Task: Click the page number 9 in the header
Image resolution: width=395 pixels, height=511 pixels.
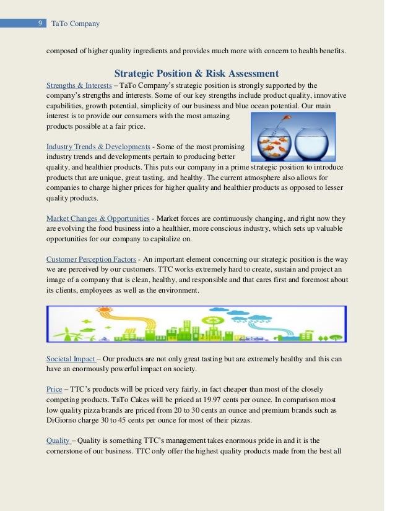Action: (x=40, y=24)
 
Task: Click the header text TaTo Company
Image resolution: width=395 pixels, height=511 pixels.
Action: (x=75, y=24)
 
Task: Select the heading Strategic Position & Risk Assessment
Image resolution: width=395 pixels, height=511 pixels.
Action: (x=196, y=74)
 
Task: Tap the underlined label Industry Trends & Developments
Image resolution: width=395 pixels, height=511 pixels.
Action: (x=98, y=147)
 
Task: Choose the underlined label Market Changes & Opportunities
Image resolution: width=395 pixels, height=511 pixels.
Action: (x=98, y=218)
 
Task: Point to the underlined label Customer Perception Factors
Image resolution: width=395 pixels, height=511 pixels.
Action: (x=91, y=259)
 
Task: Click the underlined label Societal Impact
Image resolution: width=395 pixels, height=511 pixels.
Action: (x=71, y=359)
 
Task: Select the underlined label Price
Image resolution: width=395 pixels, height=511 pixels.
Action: (x=54, y=389)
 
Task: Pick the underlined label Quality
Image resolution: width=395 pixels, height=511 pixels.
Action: (x=58, y=440)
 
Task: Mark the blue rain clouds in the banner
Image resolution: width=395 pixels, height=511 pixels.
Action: (x=254, y=320)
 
